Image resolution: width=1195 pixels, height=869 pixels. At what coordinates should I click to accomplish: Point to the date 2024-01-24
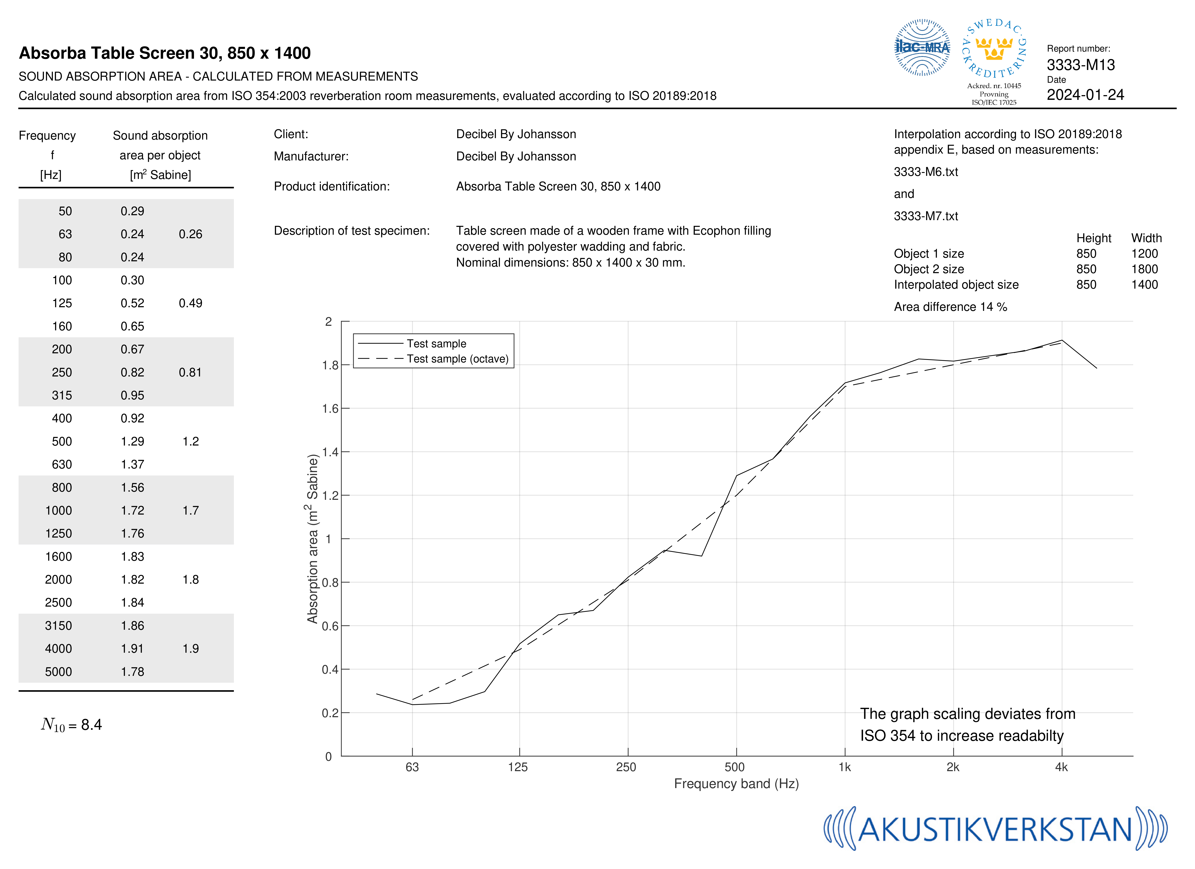[x=1085, y=95]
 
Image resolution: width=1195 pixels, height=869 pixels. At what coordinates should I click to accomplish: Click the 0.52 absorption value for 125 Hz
[x=132, y=303]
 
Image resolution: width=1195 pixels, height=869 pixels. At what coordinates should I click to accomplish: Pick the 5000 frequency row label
[x=59, y=672]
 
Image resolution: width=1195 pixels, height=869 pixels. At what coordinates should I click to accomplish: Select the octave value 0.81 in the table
[x=190, y=372]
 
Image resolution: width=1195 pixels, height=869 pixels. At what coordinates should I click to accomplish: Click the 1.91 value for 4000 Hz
[x=132, y=649]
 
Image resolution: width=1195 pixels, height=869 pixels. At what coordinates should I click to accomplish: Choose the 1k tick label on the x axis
[x=845, y=767]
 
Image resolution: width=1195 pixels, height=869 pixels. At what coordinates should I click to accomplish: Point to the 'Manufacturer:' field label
[x=311, y=156]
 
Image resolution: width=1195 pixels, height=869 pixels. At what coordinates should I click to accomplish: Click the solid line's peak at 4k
[x=1062, y=340]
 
